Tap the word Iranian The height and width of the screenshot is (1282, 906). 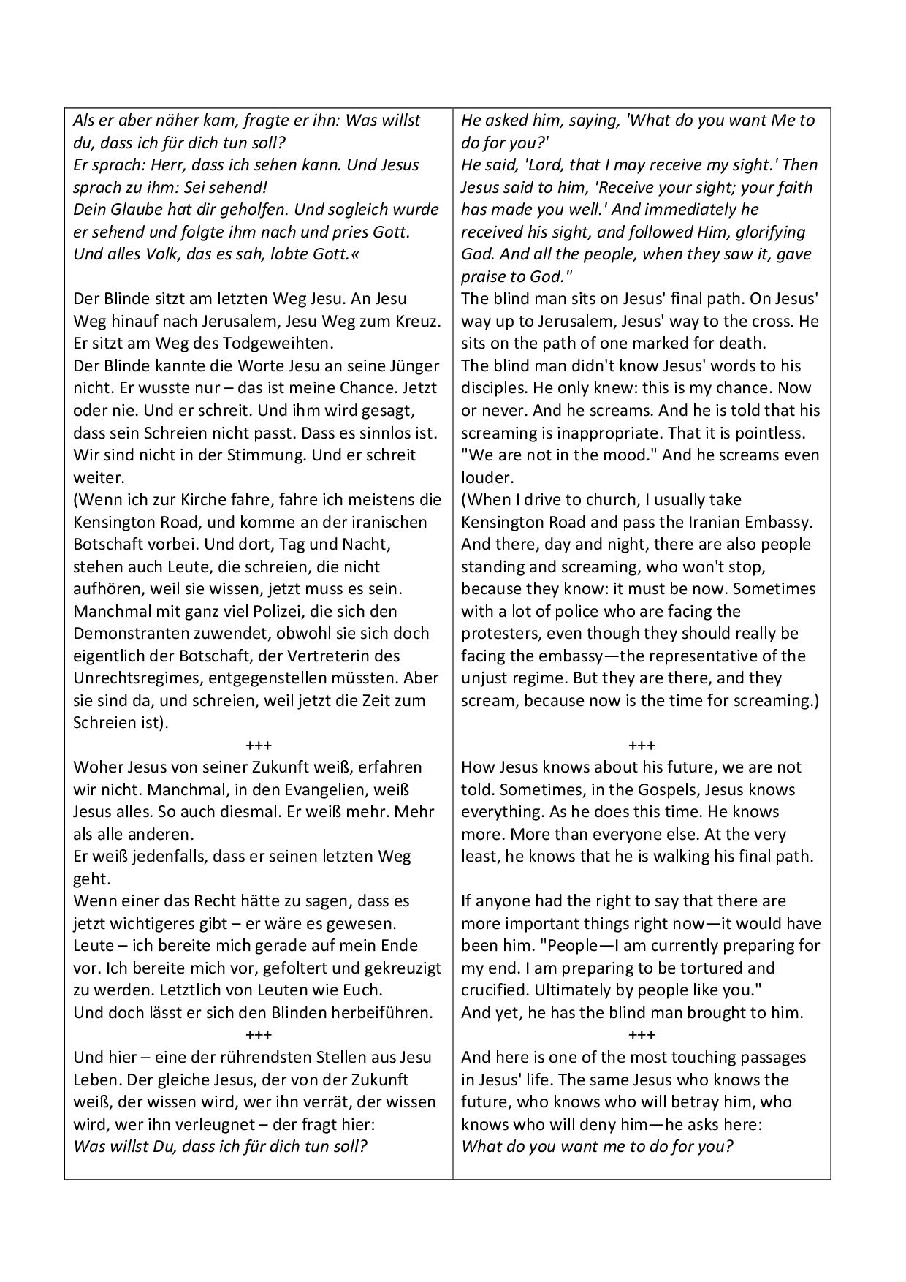point(712,523)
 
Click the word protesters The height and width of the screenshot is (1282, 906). point(500,634)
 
